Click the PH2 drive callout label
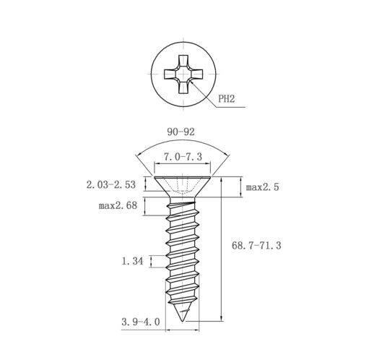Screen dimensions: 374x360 click(226, 98)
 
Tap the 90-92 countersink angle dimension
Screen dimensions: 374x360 click(181, 132)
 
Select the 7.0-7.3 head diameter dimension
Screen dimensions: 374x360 click(183, 157)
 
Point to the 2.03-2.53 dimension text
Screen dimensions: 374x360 click(111, 185)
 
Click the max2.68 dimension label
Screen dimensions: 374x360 click(118, 205)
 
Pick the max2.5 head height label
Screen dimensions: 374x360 click(262, 187)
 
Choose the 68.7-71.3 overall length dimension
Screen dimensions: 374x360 click(256, 246)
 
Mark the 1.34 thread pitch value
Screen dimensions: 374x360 click(132, 261)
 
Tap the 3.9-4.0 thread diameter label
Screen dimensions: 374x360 click(141, 322)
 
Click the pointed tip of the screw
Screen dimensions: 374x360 click(182, 321)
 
